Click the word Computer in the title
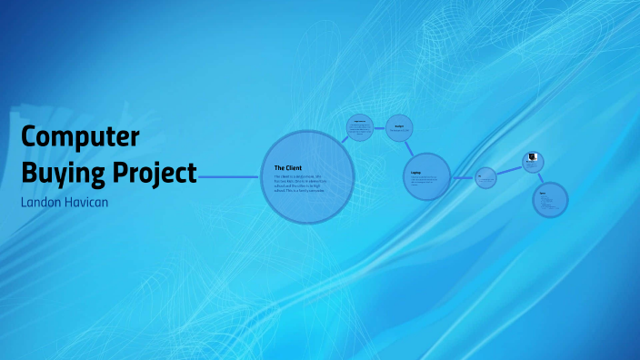pos(80,136)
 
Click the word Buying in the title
pos(64,171)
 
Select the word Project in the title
pos(155,171)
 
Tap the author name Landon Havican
pos(64,201)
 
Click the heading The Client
pos(287,167)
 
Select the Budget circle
pos(399,128)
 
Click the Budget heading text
pos(398,125)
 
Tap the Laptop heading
pos(415,171)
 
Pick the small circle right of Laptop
pos(486,177)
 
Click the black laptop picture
pos(533,157)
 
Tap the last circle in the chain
pos(549,200)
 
